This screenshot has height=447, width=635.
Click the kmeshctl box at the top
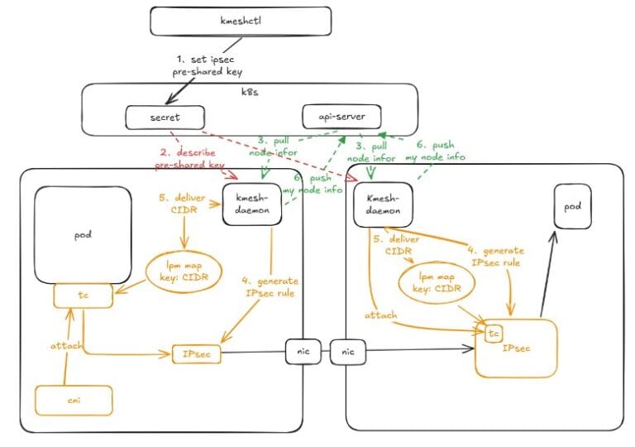tap(240, 21)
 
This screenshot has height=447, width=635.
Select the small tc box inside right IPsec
tap(494, 334)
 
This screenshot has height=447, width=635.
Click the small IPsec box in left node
tap(197, 354)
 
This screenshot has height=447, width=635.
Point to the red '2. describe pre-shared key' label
tap(189, 159)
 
